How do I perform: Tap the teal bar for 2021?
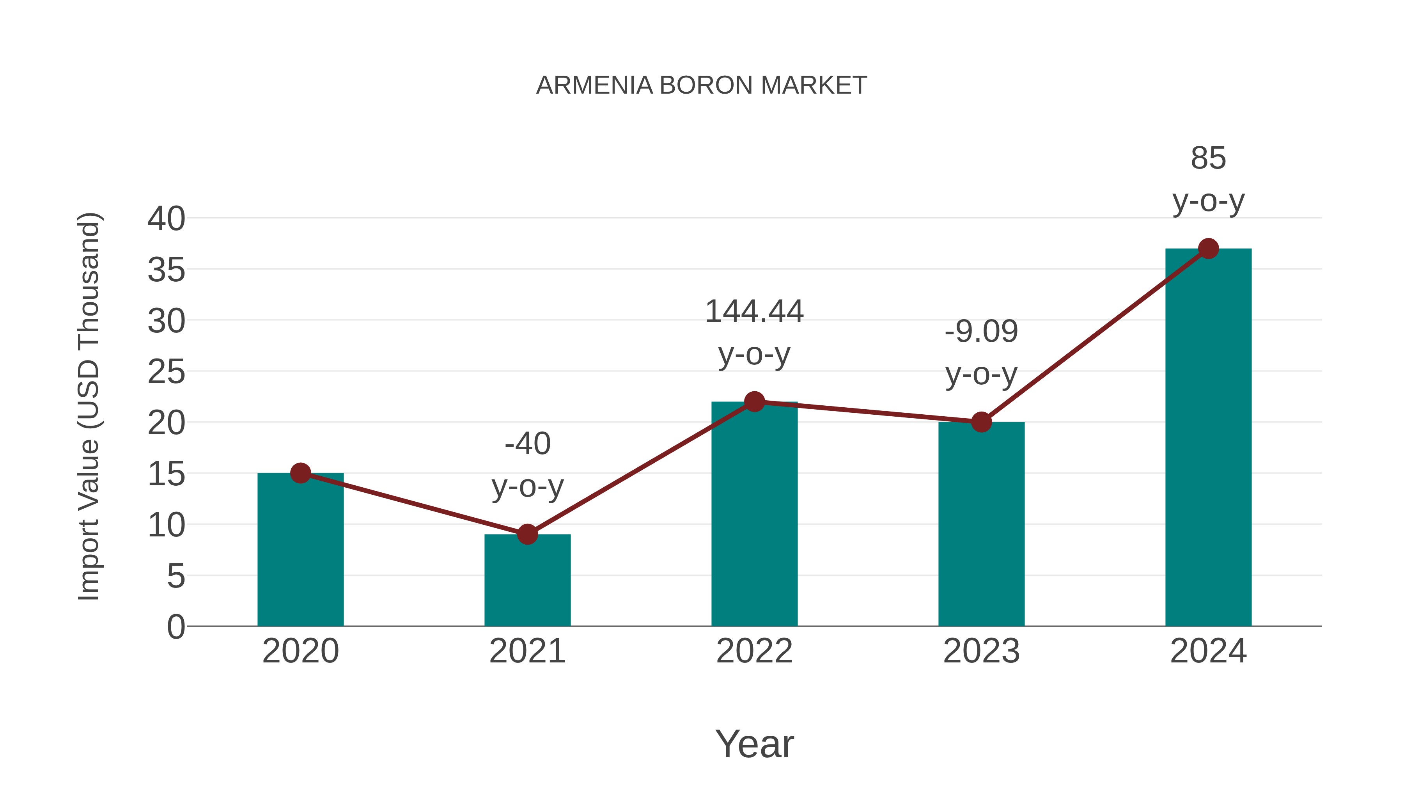[527, 580]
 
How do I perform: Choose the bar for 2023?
[981, 524]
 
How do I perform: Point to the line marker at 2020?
[300, 473]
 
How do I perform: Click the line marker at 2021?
[527, 534]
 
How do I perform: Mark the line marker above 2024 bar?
[1208, 249]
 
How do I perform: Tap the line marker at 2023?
[981, 422]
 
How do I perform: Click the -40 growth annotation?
[527, 443]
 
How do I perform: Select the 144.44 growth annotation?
[754, 312]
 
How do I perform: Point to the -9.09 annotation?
[981, 332]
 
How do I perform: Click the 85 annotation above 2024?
[1208, 159]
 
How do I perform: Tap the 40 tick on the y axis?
[166, 219]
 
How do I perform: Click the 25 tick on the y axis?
[166, 373]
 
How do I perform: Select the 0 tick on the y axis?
[175, 627]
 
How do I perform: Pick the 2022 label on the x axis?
[754, 651]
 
